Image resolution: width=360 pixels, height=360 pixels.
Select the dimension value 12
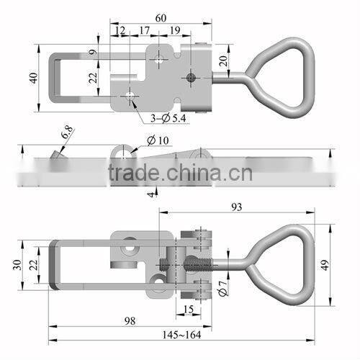119,31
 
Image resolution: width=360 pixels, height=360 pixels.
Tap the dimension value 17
144,31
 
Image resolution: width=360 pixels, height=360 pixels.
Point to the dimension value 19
175,31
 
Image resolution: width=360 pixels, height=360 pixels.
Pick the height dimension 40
32,77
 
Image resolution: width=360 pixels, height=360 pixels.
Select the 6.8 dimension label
66,132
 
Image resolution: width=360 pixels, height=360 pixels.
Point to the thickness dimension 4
150,193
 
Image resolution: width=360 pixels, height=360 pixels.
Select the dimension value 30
17,264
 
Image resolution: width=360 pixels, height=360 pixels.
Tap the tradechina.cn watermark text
180,173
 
